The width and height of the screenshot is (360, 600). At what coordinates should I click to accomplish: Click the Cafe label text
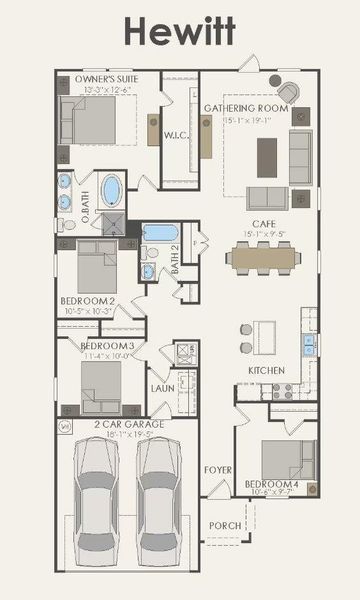(264, 225)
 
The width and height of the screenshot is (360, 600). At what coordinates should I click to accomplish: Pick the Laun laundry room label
(163, 388)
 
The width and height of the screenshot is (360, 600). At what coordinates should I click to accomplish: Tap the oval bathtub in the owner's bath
(111, 190)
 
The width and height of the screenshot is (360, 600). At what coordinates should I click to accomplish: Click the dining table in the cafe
(264, 259)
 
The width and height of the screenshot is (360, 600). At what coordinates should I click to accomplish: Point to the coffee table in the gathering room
(266, 157)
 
